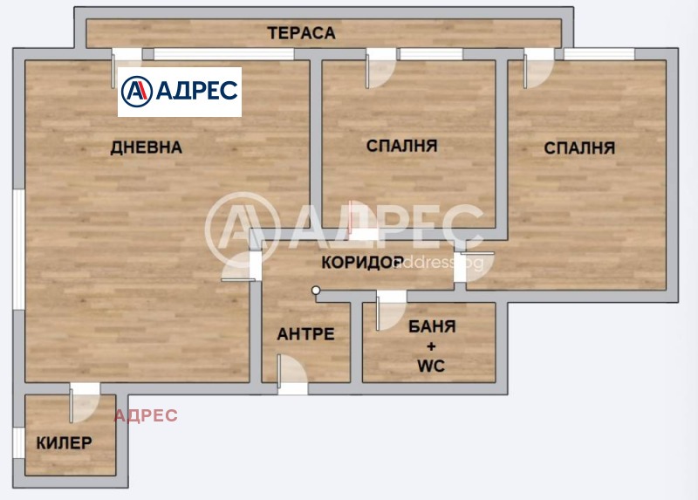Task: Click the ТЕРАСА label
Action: (301, 33)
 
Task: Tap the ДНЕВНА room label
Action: (146, 147)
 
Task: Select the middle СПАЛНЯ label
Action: (401, 145)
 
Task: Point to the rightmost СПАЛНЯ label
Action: (579, 147)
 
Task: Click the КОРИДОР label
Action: (361, 262)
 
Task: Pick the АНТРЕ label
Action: (305, 333)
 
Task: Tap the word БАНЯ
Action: (432, 327)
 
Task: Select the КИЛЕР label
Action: (64, 442)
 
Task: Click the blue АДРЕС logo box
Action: (180, 92)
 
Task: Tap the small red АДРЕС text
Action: (146, 415)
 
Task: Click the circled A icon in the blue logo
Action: (137, 91)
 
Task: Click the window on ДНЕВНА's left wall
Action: (17, 248)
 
